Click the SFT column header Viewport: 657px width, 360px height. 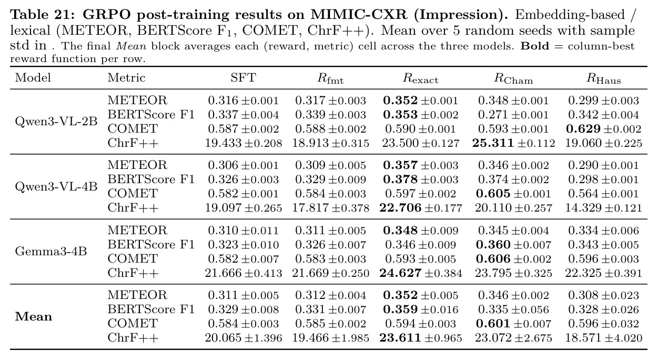tap(243, 78)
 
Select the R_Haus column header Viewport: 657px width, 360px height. tap(604, 78)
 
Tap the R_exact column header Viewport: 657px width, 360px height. tap(421, 78)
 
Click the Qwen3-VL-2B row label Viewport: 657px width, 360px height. tap(56, 122)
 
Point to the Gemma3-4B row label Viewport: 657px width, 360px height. tap(51, 252)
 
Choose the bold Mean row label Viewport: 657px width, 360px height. tap(34, 316)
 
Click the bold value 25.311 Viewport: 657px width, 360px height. tap(493, 143)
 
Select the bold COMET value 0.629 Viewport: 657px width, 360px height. tap(583, 129)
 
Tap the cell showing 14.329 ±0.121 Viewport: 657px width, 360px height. tap(604, 208)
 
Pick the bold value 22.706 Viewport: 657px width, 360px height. tap(400, 208)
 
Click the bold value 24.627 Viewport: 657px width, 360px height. tap(400, 273)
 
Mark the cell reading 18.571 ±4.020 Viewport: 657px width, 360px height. tap(604, 338)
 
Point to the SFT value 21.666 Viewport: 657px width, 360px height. tap(223, 273)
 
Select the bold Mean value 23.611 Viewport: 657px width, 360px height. tap(400, 338)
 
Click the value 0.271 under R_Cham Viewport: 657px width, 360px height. tap(494, 115)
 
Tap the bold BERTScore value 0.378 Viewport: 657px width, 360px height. tap(400, 179)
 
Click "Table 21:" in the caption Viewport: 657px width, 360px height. tap(43, 15)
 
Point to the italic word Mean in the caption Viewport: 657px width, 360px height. tap(132, 46)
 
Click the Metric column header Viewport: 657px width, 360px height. tap(126, 78)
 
